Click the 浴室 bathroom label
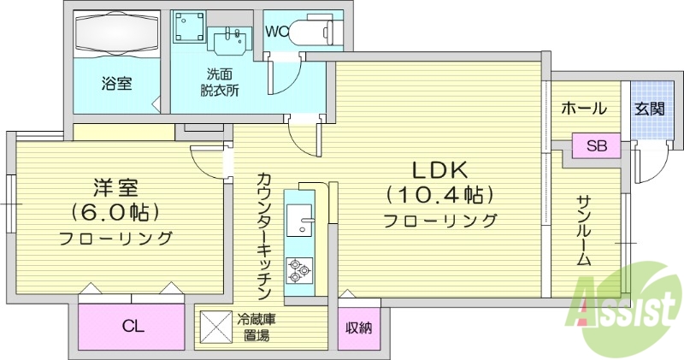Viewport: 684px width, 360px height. click(x=116, y=84)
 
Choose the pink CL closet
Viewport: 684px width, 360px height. click(x=132, y=325)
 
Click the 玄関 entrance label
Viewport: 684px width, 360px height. click(x=650, y=109)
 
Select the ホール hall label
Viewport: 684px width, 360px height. click(x=584, y=109)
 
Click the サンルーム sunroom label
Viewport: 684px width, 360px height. click(x=585, y=230)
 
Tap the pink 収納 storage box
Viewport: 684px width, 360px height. click(x=359, y=327)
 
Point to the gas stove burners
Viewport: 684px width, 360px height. click(x=298, y=270)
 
